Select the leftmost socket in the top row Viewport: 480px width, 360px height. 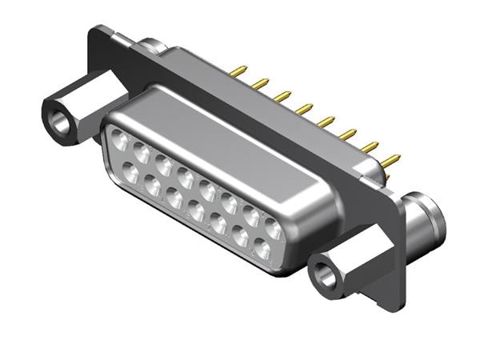coord(118,140)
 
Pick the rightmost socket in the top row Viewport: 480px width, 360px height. coord(273,230)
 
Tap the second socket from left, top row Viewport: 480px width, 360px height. coord(141,152)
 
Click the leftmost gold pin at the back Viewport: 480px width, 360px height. coord(237,72)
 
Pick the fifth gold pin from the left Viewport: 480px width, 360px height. coord(325,122)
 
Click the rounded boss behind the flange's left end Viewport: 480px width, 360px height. coord(152,46)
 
